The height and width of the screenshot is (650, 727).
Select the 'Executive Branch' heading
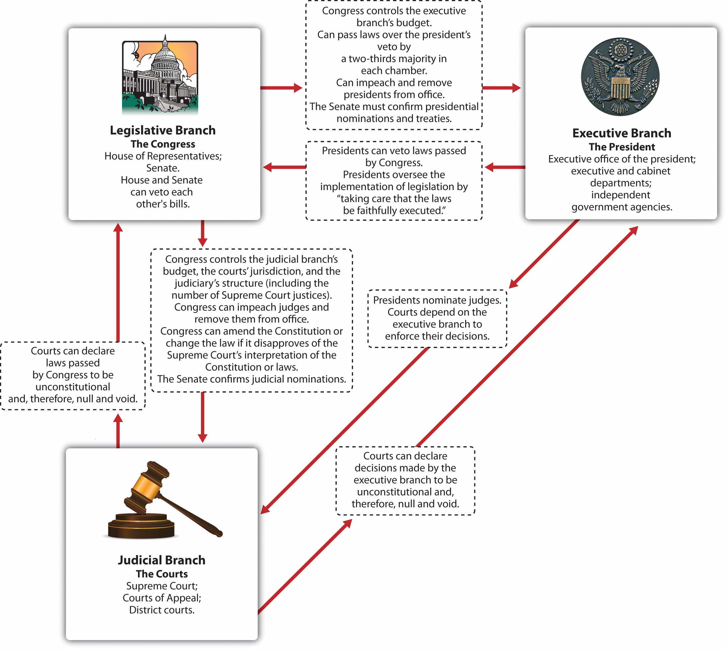pos(621,133)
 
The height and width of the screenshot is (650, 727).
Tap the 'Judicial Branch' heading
pos(162,560)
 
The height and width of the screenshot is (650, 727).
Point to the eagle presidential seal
pos(620,77)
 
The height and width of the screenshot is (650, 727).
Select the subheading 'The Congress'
pos(163,144)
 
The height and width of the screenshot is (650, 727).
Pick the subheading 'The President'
pos(621,147)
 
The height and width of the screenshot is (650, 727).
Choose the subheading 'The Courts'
pos(162,574)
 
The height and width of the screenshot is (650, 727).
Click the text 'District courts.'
pos(162,610)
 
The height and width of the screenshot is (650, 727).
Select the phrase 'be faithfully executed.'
pos(394,211)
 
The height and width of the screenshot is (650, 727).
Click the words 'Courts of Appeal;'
pos(162,598)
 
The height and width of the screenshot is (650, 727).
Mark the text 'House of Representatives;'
pos(163,156)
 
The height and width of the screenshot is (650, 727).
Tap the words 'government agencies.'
pos(621,207)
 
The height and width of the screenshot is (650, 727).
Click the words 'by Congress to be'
pos(73,375)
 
